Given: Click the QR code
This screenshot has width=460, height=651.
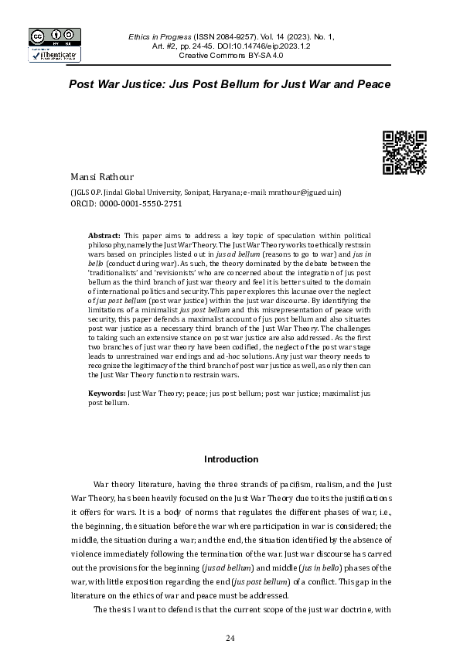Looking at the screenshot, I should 404,153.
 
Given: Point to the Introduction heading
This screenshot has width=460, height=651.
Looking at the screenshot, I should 230,459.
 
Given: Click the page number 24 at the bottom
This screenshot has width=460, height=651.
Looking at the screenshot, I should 230,637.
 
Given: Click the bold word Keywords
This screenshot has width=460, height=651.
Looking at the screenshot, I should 107,394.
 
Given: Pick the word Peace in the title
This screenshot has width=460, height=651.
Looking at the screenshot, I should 373,83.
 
